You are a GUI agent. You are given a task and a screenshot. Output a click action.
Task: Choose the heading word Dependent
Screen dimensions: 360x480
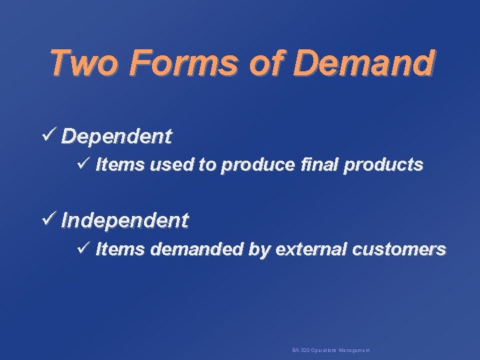click(x=117, y=137)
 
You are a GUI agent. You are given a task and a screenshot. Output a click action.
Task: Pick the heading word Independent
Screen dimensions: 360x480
click(x=125, y=220)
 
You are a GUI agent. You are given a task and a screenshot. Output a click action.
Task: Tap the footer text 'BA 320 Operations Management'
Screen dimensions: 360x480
click(x=331, y=350)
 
